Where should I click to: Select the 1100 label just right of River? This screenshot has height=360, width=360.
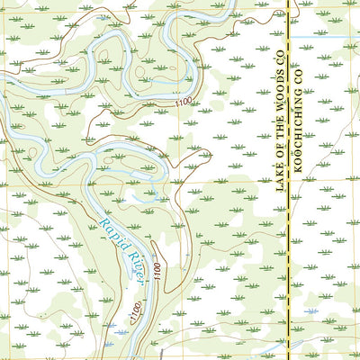click(158, 269)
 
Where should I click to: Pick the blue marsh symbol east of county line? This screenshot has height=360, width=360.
click(310, 310)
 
